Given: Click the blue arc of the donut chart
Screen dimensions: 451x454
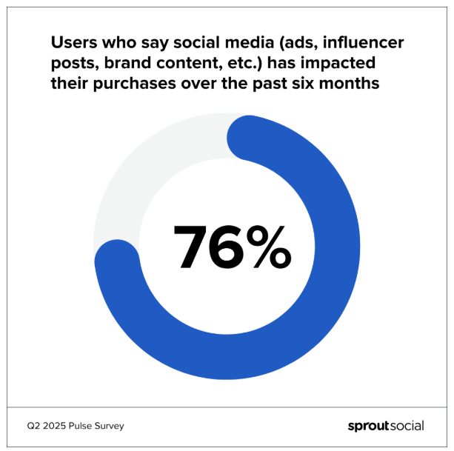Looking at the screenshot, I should (326, 296).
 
